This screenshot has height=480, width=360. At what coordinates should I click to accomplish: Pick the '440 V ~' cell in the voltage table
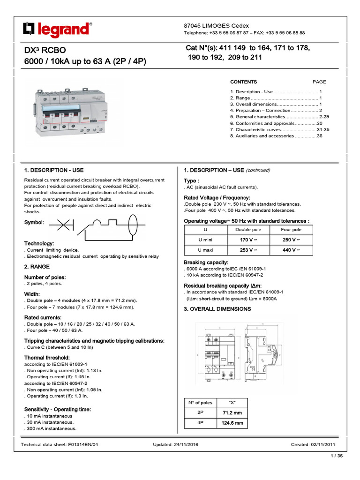pos(291,250)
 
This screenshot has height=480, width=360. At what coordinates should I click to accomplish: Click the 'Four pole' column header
pos(291,230)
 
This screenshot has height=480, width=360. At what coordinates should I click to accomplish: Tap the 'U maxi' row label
pos(205,250)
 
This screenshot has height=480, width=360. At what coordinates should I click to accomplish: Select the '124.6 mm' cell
pos(232,423)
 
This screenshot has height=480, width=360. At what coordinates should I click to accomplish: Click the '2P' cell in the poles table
pos(200,413)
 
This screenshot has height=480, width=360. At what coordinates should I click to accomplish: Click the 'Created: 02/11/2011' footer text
pos(313,445)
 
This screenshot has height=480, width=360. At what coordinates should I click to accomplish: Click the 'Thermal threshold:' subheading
pos(47,358)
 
